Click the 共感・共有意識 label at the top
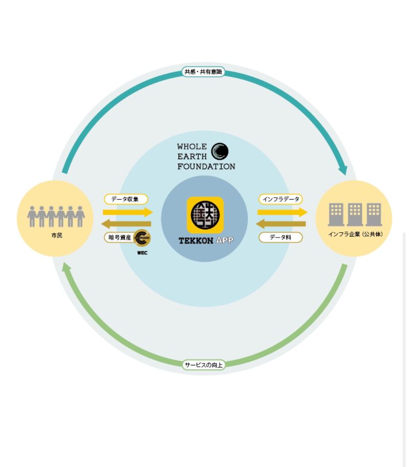tap(203, 72)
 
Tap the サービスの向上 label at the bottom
tap(203, 364)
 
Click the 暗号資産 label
tap(119, 237)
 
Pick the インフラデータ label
tap(281, 199)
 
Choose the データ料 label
tap(281, 237)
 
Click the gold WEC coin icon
tap(142, 237)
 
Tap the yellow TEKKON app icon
tap(205, 215)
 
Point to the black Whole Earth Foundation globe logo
tap(220, 151)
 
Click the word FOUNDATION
tap(206, 166)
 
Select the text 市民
tap(56, 236)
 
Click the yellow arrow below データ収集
tap(127, 212)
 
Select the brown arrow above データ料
tap(281, 224)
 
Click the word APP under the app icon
tap(223, 240)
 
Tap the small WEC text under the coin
tap(142, 252)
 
